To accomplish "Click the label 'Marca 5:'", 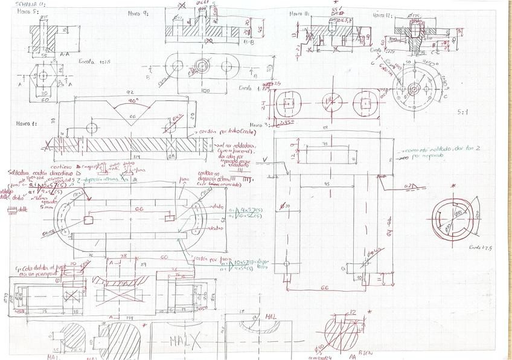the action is pyautogui.click(x=27, y=11).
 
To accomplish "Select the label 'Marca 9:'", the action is pyautogui.click(x=138, y=13).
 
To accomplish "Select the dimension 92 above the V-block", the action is pyautogui.click(x=129, y=91).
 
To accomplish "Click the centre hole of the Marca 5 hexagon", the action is pyautogui.click(x=43, y=76).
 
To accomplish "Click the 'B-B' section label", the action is pyautogui.click(x=248, y=42).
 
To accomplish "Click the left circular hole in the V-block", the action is pyautogui.click(x=92, y=127).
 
